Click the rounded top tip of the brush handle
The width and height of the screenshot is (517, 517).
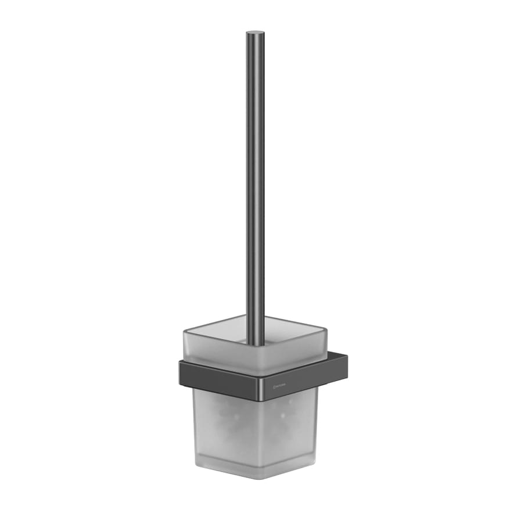coord(255,33)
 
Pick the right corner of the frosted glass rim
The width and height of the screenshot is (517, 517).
coord(326,332)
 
